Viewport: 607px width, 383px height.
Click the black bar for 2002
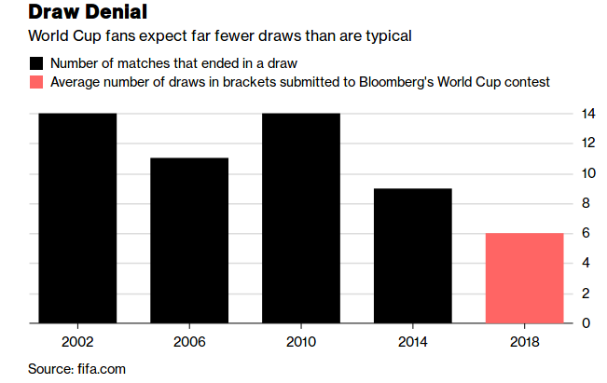pyautogui.click(x=77, y=218)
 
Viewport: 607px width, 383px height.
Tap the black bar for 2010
pyautogui.click(x=301, y=218)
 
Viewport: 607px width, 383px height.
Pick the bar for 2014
pyautogui.click(x=413, y=255)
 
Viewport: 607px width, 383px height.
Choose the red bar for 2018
pyautogui.click(x=525, y=278)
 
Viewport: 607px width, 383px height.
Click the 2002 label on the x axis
pyautogui.click(x=77, y=341)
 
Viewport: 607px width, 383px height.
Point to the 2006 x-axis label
pyautogui.click(x=189, y=341)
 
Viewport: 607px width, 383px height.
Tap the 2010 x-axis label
pyautogui.click(x=301, y=341)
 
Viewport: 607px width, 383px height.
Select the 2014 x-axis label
pyautogui.click(x=413, y=341)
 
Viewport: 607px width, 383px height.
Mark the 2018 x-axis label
pyautogui.click(x=525, y=341)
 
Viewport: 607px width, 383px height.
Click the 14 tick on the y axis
pyautogui.click(x=587, y=114)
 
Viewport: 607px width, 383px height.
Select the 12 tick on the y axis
pyautogui.click(x=587, y=144)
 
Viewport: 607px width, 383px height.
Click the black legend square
pyautogui.click(x=35, y=63)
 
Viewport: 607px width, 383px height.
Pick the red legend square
pyautogui.click(x=35, y=82)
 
